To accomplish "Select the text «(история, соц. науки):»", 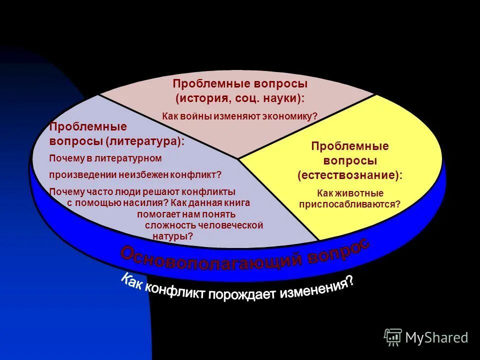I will pyautogui.click(x=240, y=98).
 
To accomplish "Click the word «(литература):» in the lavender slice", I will pyautogui.click(x=144, y=141).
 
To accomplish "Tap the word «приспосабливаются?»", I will pyautogui.click(x=350, y=203).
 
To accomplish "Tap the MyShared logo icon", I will pyautogui.click(x=393, y=337).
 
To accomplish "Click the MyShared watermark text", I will pyautogui.click(x=436, y=338).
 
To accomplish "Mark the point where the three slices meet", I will pyautogui.click(x=238, y=159).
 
